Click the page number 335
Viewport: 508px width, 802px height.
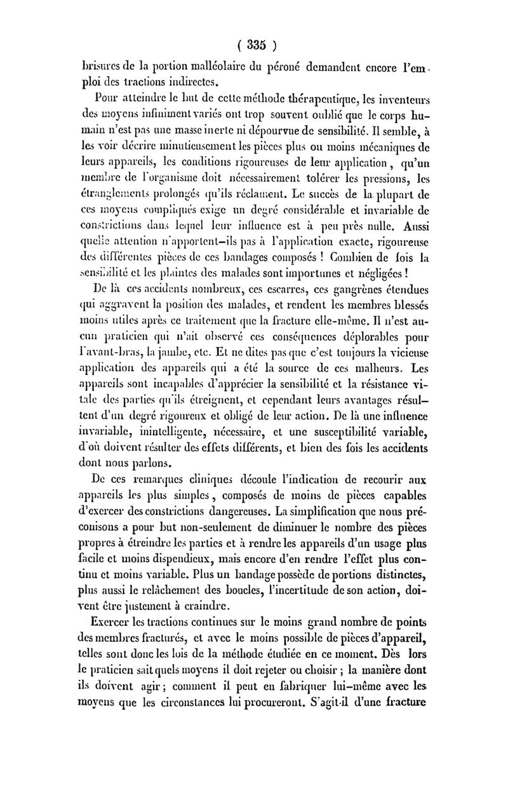click(255, 45)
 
